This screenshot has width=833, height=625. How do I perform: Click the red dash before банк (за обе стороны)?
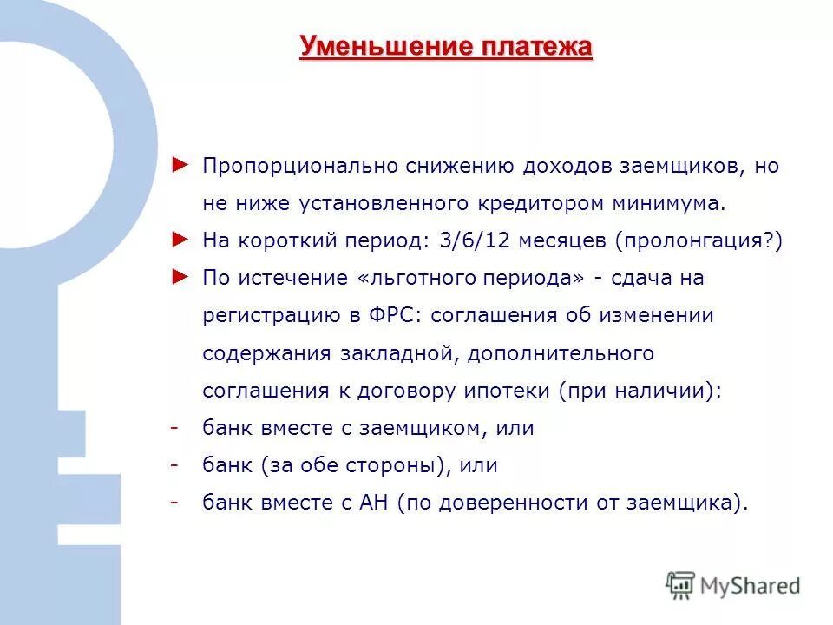[x=174, y=465]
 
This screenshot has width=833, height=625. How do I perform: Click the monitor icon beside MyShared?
[x=681, y=585]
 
